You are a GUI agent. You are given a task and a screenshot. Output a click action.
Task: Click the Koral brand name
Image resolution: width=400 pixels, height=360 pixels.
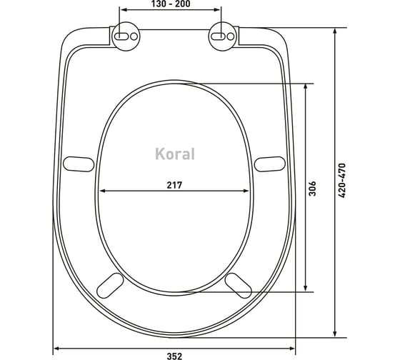pyautogui.click(x=175, y=154)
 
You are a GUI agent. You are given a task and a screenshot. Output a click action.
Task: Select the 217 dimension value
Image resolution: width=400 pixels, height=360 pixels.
pyautogui.click(x=175, y=185)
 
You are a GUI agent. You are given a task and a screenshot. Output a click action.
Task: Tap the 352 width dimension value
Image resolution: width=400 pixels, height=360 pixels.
pyautogui.click(x=175, y=356)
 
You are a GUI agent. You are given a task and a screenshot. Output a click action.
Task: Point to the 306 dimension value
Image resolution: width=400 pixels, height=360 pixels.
pyautogui.click(x=312, y=189)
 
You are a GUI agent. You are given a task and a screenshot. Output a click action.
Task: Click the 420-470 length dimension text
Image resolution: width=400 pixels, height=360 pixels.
pyautogui.click(x=342, y=181)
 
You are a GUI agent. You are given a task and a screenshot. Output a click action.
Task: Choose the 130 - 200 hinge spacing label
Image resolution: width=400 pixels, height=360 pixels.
pyautogui.click(x=171, y=4)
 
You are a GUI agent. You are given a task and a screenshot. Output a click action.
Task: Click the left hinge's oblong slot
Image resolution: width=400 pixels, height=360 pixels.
pyautogui.click(x=121, y=36)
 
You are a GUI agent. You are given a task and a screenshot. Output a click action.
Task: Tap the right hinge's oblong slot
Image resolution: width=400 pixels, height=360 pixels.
pyautogui.click(x=218, y=36)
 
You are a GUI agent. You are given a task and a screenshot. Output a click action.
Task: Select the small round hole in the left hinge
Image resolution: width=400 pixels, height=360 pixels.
pyautogui.click(x=134, y=36)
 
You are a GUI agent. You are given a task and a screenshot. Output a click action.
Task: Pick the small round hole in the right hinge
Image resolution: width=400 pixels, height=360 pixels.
pyautogui.click(x=230, y=36)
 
